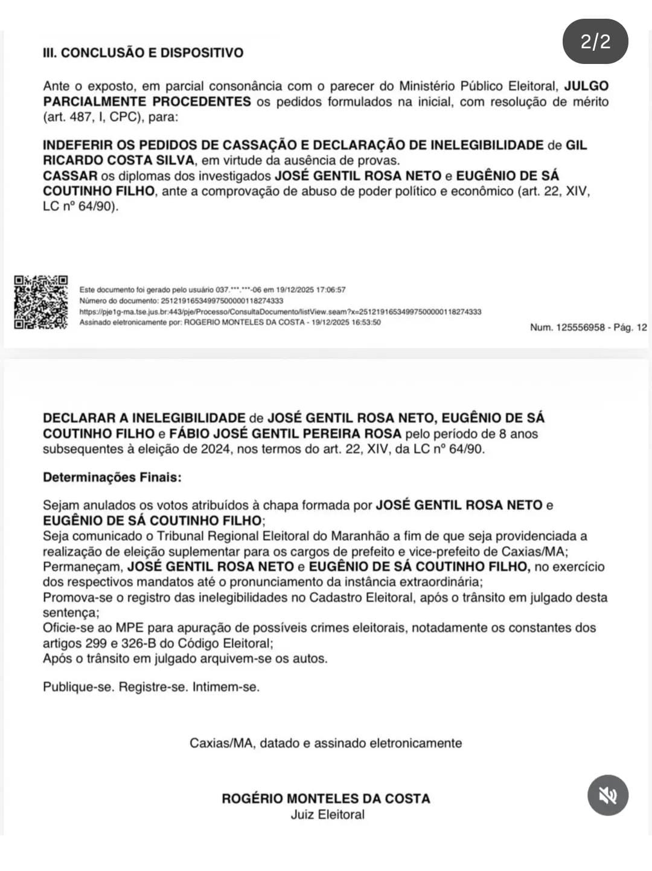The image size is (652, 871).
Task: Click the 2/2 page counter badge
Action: coord(595,42)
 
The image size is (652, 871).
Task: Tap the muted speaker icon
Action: coord(607,795)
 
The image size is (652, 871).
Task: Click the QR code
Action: coord(40,302)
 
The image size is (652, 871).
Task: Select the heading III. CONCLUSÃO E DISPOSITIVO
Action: coord(143,53)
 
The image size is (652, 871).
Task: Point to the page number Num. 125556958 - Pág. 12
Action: coord(588,327)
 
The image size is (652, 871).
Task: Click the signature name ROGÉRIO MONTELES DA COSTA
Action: coord(326,799)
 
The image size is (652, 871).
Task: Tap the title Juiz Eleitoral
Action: coord(327,814)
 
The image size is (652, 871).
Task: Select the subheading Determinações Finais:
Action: coord(112,477)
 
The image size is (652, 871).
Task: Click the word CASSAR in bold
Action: coord(70,176)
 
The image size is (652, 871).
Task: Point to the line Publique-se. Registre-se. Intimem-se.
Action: coord(151,687)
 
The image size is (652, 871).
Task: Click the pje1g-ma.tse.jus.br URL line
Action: coord(280,311)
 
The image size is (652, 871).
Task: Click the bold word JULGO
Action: coord(586,86)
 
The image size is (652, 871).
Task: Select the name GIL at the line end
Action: coord(576,145)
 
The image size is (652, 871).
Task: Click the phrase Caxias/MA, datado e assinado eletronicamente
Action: coord(326,743)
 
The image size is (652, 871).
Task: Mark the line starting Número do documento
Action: coord(181,301)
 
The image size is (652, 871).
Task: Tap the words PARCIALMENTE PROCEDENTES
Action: coord(147,101)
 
